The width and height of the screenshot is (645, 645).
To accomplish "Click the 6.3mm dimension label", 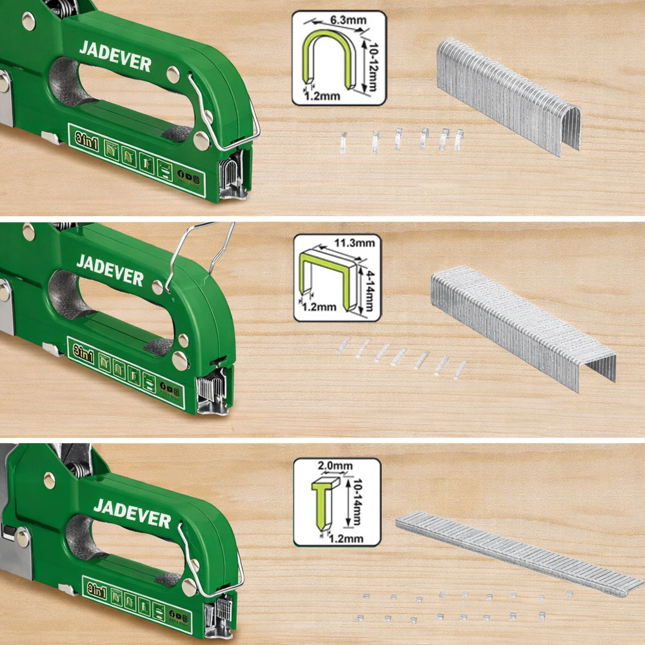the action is click(x=348, y=20).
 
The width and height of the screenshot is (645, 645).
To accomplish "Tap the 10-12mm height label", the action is click(x=372, y=66).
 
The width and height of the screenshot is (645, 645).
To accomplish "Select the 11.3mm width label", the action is click(x=355, y=243).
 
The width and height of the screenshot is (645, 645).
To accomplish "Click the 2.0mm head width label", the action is click(x=335, y=466).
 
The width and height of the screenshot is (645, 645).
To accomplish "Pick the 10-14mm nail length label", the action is click(x=356, y=502).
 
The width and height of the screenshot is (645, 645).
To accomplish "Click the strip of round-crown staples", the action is click(x=508, y=96).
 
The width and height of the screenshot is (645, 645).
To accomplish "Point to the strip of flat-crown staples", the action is click(x=522, y=326).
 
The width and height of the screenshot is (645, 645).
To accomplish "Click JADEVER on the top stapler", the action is click(x=115, y=56).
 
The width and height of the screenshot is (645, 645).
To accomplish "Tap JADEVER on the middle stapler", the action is click(x=110, y=270).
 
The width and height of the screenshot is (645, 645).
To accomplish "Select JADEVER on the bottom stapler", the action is click(x=132, y=513).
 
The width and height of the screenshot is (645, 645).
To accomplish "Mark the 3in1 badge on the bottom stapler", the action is click(x=97, y=591).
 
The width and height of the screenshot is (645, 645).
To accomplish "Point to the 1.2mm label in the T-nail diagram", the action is click(x=346, y=538).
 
